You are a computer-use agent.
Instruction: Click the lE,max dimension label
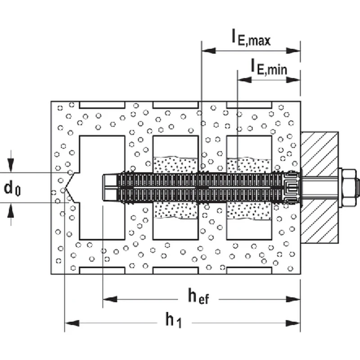click(251, 39)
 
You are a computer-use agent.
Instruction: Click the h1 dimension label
click(173, 320)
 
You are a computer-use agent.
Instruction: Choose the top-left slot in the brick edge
click(102, 105)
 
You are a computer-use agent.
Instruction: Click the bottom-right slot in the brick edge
click(249, 270)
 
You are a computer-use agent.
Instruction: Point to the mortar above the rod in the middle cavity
click(175, 164)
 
